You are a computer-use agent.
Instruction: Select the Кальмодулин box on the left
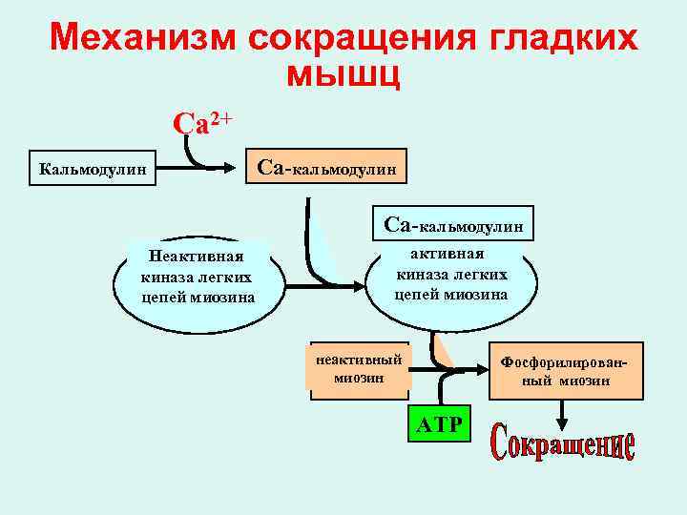93,170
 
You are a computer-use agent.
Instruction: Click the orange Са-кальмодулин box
326,167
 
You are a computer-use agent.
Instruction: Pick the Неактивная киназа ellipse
198,277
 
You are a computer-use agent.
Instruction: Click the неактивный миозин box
359,368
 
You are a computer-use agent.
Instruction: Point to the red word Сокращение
563,444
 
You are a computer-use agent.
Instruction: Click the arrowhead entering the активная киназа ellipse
356,282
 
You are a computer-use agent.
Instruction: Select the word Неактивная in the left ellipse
197,256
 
